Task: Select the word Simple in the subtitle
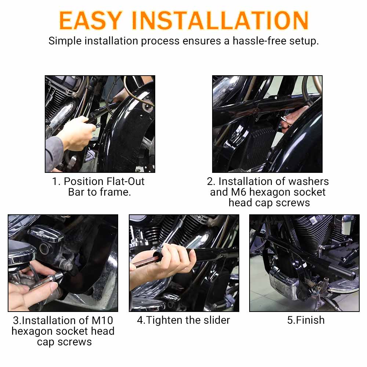click(65, 41)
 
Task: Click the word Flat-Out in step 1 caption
click(125, 181)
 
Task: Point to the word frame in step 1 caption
click(115, 192)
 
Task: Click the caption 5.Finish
click(306, 320)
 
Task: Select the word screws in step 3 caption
click(75, 342)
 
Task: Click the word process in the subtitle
click(160, 41)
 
